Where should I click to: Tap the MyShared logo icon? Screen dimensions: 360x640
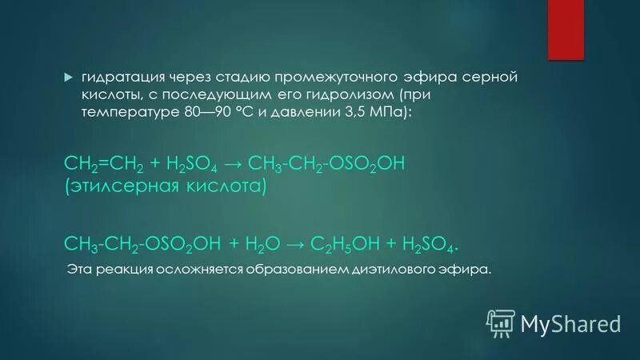pyautogui.click(x=501, y=322)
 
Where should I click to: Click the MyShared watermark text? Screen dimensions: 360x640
pyautogui.click(x=570, y=323)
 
